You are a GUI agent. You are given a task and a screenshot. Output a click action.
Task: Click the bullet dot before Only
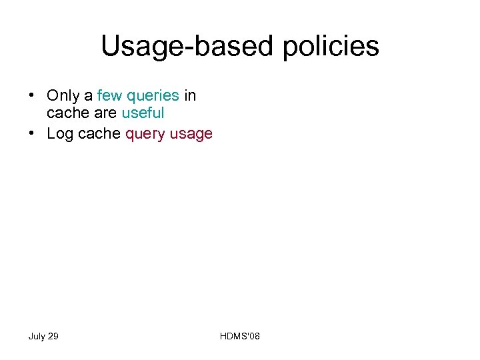point(32,96)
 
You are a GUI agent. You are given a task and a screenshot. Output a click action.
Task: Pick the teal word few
point(109,96)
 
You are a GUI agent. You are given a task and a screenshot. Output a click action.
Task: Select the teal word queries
point(153,97)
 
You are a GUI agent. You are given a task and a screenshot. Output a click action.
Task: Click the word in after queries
point(190,96)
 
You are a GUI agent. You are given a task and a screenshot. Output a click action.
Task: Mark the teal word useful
point(143,114)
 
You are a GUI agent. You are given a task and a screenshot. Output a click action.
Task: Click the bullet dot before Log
point(32,133)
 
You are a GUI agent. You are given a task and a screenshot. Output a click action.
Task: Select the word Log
point(60,134)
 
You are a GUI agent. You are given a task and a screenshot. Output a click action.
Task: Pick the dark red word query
point(145,135)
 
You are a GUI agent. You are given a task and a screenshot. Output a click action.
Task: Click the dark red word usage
point(191,135)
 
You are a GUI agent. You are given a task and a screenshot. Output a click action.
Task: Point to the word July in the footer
point(37,336)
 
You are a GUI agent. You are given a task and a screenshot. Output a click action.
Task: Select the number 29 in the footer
point(53,336)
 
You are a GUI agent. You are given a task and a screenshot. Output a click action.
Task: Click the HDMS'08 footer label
point(240,336)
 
